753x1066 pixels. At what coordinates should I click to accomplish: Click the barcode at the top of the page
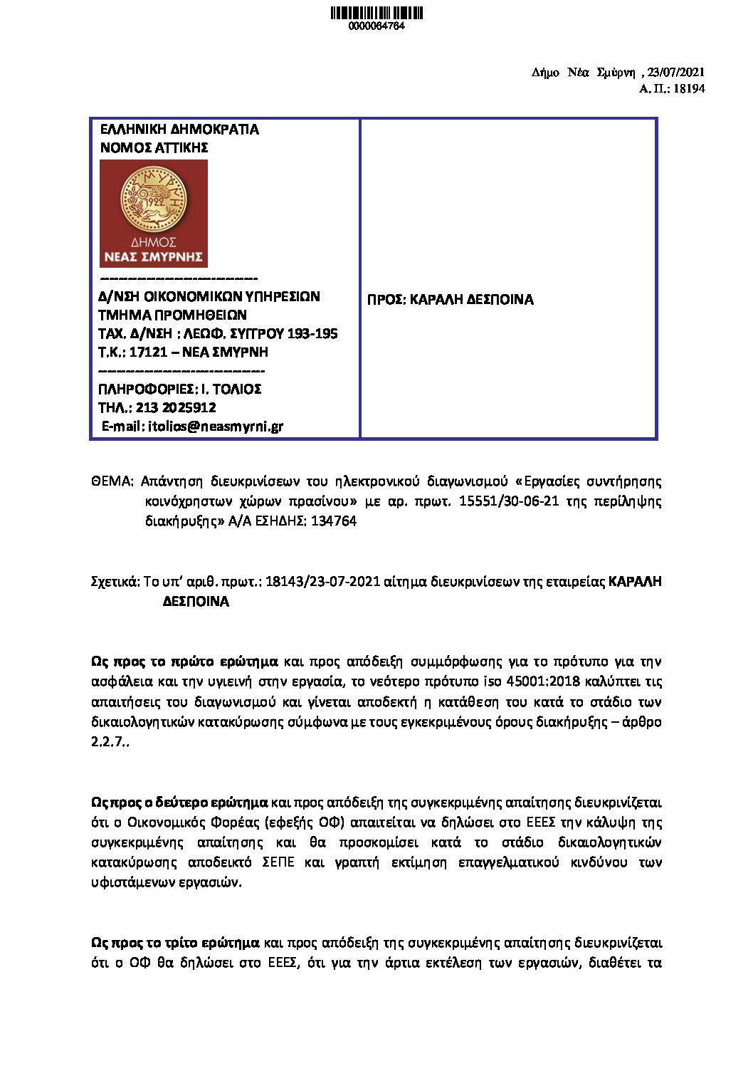pos(376,13)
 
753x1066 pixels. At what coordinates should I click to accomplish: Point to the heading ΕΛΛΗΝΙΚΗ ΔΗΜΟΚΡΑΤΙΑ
pos(179,130)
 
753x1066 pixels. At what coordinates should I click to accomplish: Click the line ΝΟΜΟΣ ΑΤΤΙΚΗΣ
pos(154,148)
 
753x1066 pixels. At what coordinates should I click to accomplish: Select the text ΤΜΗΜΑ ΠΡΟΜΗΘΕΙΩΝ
pos(172,315)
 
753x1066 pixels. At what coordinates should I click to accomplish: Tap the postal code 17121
pos(148,352)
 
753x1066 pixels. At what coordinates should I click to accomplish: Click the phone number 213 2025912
pos(181,407)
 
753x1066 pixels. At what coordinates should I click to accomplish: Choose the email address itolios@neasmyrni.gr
pos(215,426)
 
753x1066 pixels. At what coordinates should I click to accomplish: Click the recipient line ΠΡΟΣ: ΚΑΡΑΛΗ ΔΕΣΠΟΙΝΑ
pos(450,300)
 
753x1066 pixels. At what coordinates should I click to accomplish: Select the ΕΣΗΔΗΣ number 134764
pos(334,521)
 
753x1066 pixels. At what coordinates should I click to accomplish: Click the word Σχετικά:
pos(116,581)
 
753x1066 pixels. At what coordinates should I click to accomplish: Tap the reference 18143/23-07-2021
pos(322,581)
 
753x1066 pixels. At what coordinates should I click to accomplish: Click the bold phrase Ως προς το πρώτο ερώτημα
pos(185,662)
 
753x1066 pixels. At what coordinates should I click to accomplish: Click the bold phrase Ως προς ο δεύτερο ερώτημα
pos(180,803)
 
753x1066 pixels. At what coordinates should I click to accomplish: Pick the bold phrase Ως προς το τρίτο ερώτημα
pos(176,943)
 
